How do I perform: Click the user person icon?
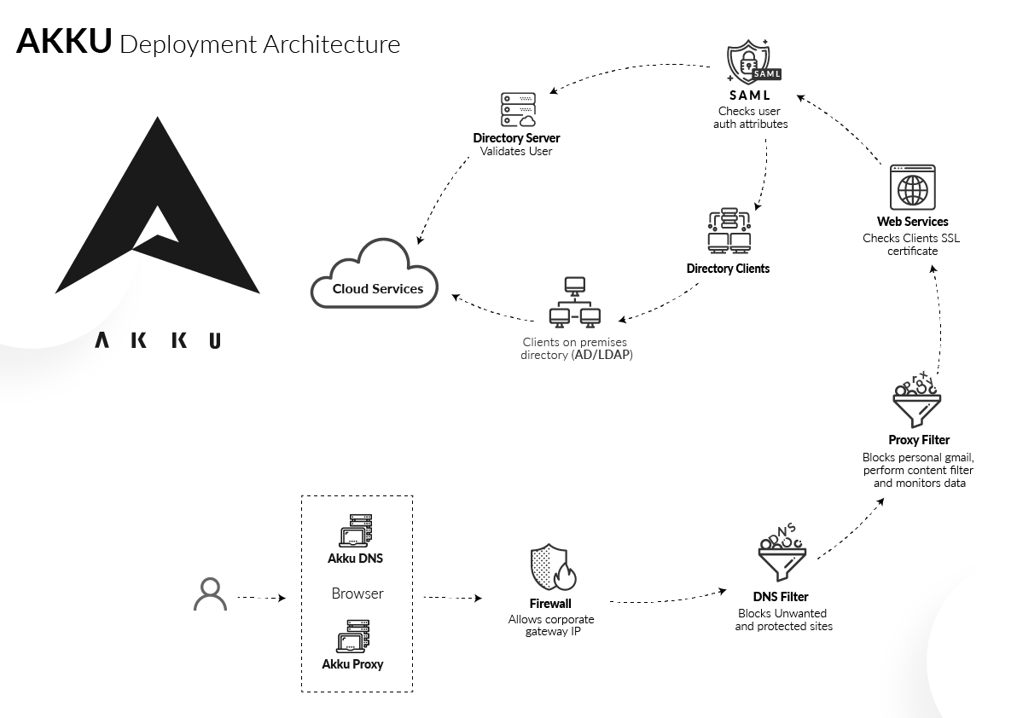tap(210, 594)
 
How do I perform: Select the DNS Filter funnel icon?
tap(782, 552)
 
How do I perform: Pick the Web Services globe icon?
tap(913, 188)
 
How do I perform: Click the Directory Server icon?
tap(518, 109)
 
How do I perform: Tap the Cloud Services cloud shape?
tap(375, 274)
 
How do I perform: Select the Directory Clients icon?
tap(729, 231)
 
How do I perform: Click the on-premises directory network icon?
tap(575, 302)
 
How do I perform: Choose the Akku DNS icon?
tap(356, 531)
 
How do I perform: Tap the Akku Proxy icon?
tap(353, 636)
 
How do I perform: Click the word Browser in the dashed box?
tap(357, 594)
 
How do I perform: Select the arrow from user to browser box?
tap(261, 598)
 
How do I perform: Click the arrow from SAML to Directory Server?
tap(626, 70)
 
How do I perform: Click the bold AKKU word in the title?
tap(64, 41)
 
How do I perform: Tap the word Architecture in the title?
tap(331, 44)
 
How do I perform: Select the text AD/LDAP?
tap(601, 355)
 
